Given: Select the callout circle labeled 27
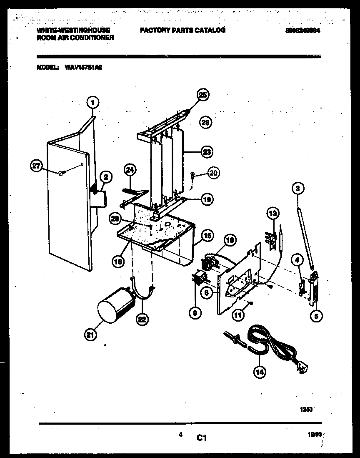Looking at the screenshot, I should pyautogui.click(x=37, y=166).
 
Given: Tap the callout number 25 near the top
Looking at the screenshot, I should pyautogui.click(x=203, y=95).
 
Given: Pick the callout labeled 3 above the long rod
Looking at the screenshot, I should pyautogui.click(x=298, y=189).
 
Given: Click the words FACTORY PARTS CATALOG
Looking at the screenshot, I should pyautogui.click(x=182, y=30).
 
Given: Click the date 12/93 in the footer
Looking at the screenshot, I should pyautogui.click(x=315, y=435).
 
